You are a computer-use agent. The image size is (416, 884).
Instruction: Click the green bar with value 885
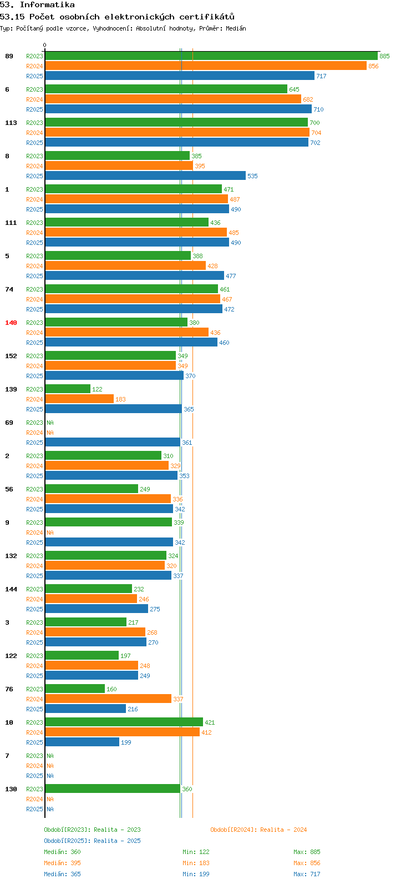[x=211, y=56]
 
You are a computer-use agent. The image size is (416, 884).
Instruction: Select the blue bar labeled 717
[x=180, y=76]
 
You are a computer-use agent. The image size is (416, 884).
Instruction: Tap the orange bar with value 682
[x=173, y=99]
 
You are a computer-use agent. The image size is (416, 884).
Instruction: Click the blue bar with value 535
[x=145, y=175]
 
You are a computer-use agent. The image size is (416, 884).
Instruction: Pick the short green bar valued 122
[x=68, y=389]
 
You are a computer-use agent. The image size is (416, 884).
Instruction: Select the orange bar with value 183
[x=79, y=399]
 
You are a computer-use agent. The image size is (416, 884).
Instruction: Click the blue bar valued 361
[x=113, y=443]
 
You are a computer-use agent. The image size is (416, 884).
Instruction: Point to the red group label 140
[x=11, y=323]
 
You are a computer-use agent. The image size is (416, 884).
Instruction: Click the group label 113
[x=11, y=123]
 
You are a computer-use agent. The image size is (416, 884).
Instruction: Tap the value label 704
[x=316, y=133]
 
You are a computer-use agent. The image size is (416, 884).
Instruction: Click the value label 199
[x=126, y=742]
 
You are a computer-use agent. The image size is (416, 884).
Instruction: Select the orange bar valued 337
[x=108, y=699]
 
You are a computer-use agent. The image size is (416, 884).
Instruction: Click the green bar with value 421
[x=124, y=722]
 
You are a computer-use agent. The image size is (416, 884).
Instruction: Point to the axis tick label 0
[x=44, y=45]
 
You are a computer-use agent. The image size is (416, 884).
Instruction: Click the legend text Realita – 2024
[x=283, y=830]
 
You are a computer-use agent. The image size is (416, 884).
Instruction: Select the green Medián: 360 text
[x=62, y=852]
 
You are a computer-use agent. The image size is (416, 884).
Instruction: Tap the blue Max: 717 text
[x=307, y=874]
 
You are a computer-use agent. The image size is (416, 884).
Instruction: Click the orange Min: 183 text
[x=196, y=863]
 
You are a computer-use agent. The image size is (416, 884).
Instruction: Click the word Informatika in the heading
[x=47, y=5]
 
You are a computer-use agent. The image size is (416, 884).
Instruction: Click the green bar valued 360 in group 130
[x=113, y=788]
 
